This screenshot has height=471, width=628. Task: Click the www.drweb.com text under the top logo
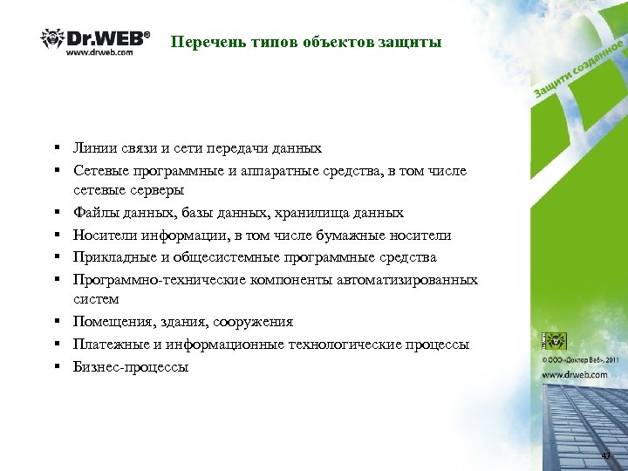(100, 52)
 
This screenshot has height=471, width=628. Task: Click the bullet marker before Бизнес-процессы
(55, 367)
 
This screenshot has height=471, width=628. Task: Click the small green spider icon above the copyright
(554, 341)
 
